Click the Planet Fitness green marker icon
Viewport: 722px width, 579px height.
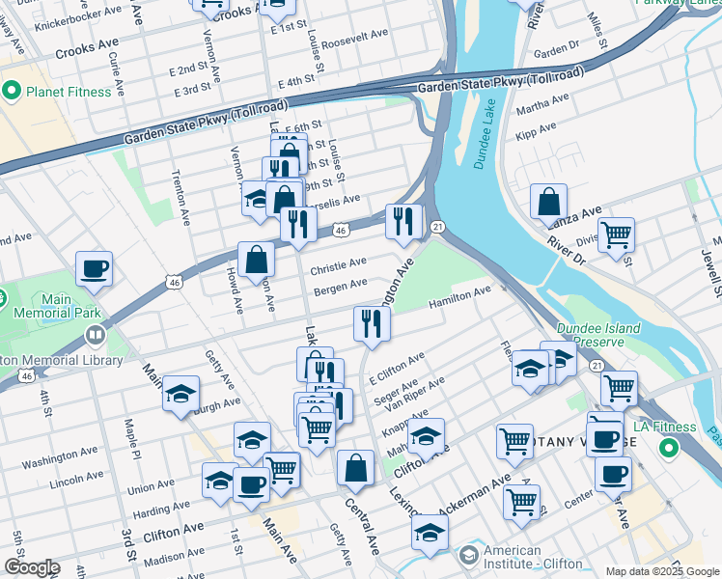point(13,92)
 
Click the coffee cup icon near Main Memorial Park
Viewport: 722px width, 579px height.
point(95,269)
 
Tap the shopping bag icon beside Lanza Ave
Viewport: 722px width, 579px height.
point(548,202)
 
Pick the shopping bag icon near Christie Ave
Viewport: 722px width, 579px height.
point(257,259)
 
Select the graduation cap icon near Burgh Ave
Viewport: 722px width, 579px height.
point(180,393)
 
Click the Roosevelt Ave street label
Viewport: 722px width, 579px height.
point(354,34)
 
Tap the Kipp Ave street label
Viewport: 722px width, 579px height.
point(541,129)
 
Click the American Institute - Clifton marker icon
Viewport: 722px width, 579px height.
point(469,556)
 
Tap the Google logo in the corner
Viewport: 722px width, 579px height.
point(31,567)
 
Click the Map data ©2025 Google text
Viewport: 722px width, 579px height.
point(661,572)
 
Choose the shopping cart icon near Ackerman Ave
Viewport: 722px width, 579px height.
point(521,500)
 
